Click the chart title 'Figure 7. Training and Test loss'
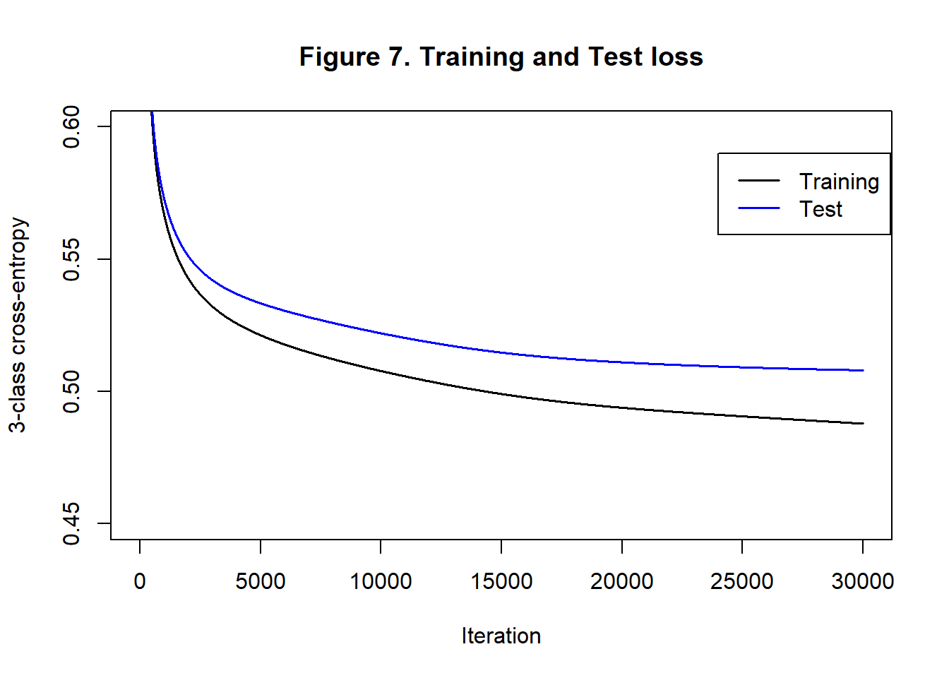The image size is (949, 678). pyautogui.click(x=501, y=57)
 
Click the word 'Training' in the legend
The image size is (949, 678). pyautogui.click(x=839, y=182)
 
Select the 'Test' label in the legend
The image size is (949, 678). pyautogui.click(x=820, y=209)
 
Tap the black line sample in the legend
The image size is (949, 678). pyautogui.click(x=759, y=181)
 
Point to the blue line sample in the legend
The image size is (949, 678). pyautogui.click(x=759, y=208)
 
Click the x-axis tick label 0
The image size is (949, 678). pyautogui.click(x=140, y=581)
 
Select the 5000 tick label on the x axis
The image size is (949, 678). pyautogui.click(x=261, y=581)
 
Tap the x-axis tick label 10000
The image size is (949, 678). pyautogui.click(x=381, y=581)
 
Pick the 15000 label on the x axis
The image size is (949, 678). pyautogui.click(x=501, y=581)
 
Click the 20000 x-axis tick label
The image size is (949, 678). pyautogui.click(x=621, y=581)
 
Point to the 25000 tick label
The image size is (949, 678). pyautogui.click(x=742, y=581)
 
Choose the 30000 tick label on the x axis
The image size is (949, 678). pyautogui.click(x=862, y=581)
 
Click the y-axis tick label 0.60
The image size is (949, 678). pyautogui.click(x=71, y=127)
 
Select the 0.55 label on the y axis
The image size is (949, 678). pyautogui.click(x=71, y=259)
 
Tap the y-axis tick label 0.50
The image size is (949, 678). pyautogui.click(x=71, y=391)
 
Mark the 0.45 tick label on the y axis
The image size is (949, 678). pyautogui.click(x=71, y=523)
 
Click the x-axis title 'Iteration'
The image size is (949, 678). pyautogui.click(x=501, y=636)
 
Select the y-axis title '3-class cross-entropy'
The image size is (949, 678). pyautogui.click(x=18, y=325)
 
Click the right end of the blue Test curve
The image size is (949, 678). pyautogui.click(x=862, y=370)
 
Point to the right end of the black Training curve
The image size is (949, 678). pyautogui.click(x=862, y=424)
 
